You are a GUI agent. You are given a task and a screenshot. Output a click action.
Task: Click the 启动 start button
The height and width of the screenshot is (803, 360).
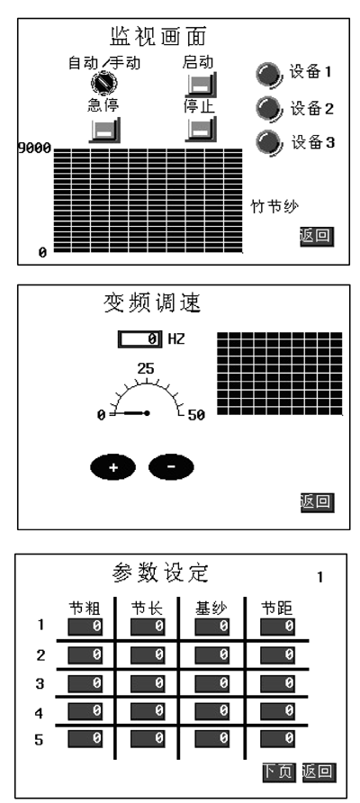pyautogui.click(x=202, y=83)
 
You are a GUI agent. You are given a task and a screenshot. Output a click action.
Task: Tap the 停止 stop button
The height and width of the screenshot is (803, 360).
pyautogui.click(x=202, y=128)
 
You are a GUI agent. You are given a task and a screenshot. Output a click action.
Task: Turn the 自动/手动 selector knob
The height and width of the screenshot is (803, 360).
pyautogui.click(x=104, y=82)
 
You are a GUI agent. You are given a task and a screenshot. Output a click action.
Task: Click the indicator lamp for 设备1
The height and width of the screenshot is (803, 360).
pyautogui.click(x=269, y=74)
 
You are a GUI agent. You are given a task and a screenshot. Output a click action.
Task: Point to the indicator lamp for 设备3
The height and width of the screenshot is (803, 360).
pyautogui.click(x=269, y=142)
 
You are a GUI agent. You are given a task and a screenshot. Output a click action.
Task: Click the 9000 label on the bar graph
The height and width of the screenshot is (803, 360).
pyautogui.click(x=34, y=149)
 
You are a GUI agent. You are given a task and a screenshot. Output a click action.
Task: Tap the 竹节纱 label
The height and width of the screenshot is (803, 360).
pyautogui.click(x=274, y=206)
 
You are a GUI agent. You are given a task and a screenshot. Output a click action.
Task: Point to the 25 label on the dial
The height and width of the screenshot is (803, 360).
pyautogui.click(x=146, y=368)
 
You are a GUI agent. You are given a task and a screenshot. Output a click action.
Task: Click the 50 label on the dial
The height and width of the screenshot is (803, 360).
pyautogui.click(x=195, y=415)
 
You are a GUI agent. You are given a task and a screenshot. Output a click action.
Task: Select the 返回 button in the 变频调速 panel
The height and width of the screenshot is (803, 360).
pyautogui.click(x=317, y=502)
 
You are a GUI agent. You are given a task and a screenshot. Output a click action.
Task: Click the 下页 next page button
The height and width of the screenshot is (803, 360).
pyautogui.click(x=279, y=772)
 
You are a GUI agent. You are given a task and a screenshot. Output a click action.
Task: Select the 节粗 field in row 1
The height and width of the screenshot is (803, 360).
pyautogui.click(x=85, y=626)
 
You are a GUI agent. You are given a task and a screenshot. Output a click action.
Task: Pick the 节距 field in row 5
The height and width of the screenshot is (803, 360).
pyautogui.click(x=277, y=738)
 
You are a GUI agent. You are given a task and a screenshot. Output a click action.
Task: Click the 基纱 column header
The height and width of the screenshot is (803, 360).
pyautogui.click(x=211, y=609)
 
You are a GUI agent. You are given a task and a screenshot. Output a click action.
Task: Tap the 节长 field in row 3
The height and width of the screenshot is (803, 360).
pyautogui.click(x=148, y=682)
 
